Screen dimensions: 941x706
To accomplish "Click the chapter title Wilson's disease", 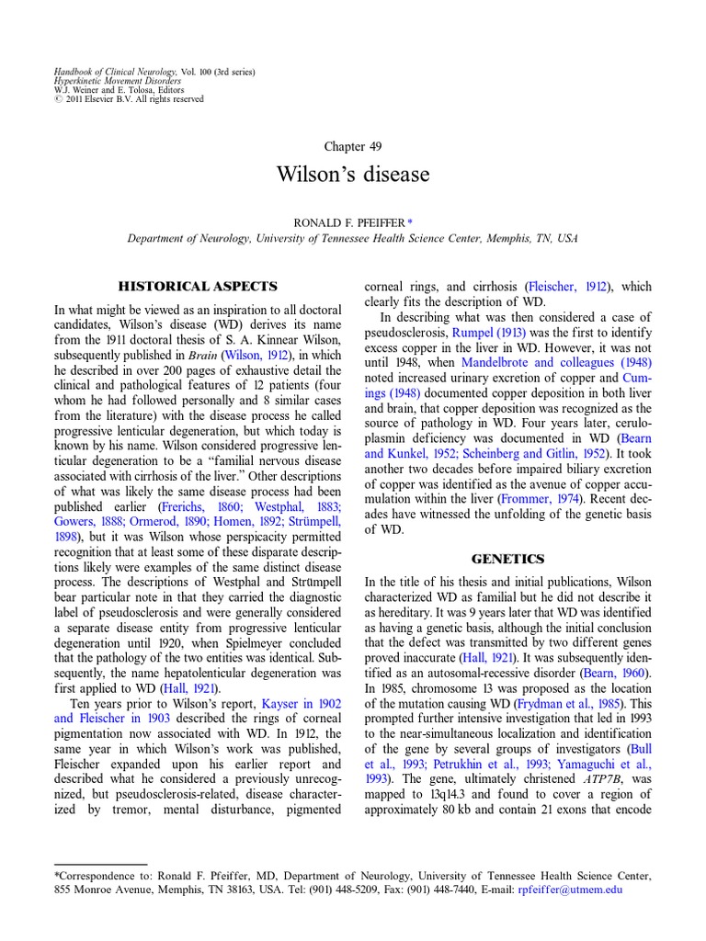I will (x=353, y=174).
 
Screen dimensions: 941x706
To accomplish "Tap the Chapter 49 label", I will (x=353, y=146).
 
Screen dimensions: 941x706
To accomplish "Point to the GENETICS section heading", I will (x=507, y=559).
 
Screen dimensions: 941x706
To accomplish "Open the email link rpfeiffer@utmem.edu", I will (x=570, y=890).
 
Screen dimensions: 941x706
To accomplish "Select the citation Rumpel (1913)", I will (x=479, y=332).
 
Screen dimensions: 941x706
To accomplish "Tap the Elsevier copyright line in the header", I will (x=130, y=99).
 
